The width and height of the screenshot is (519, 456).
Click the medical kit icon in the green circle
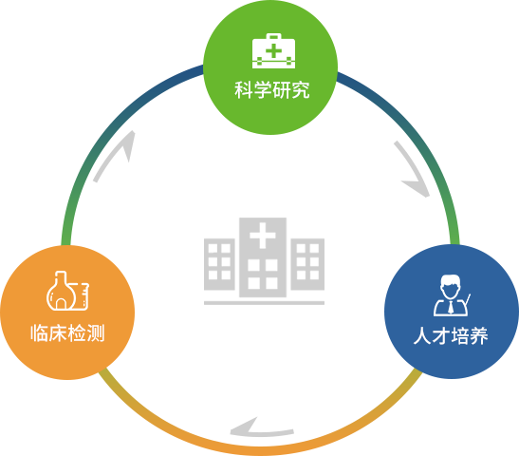[273, 50]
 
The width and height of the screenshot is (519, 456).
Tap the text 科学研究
[272, 90]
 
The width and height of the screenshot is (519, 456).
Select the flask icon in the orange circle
[68, 291]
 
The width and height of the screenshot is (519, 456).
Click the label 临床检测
[67, 333]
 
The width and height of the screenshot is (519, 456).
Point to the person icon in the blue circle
[452, 294]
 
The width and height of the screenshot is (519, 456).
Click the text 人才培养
[451, 335]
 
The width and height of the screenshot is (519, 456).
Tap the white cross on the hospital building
[263, 236]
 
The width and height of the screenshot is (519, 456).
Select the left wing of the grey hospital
[219, 264]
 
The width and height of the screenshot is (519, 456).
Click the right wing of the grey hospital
[307, 264]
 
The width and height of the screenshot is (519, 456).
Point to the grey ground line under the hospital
[264, 303]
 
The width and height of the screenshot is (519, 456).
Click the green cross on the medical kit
[274, 51]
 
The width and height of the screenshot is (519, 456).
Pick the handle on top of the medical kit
[274, 36]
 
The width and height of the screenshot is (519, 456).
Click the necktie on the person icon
[451, 307]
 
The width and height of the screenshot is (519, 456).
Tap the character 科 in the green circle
[244, 90]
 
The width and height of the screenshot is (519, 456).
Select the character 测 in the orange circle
[96, 333]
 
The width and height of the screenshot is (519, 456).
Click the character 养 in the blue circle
[479, 335]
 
